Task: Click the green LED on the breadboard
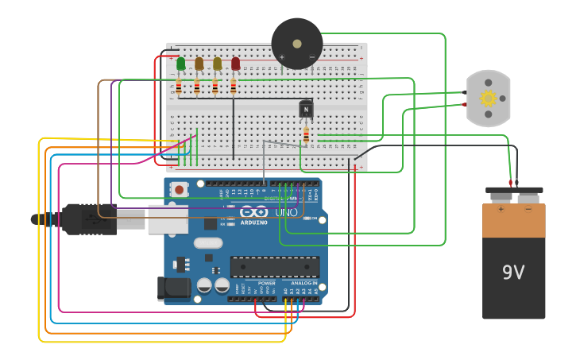pyautogui.click(x=181, y=63)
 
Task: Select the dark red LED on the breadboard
pyautogui.click(x=235, y=63)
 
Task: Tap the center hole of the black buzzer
pyautogui.click(x=297, y=44)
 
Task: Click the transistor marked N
pyautogui.click(x=306, y=109)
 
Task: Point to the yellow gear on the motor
pyautogui.click(x=488, y=98)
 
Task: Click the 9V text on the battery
pyautogui.click(x=513, y=273)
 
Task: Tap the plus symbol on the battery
pyautogui.click(x=501, y=210)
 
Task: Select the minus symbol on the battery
pyautogui.click(x=528, y=210)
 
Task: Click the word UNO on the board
pyautogui.click(x=286, y=213)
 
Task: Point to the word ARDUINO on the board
pyautogui.click(x=254, y=223)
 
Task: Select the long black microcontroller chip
pyautogui.click(x=274, y=267)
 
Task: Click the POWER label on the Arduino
pyautogui.click(x=267, y=283)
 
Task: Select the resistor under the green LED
pyautogui.click(x=179, y=86)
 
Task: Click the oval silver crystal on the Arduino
pyautogui.click(x=207, y=243)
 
